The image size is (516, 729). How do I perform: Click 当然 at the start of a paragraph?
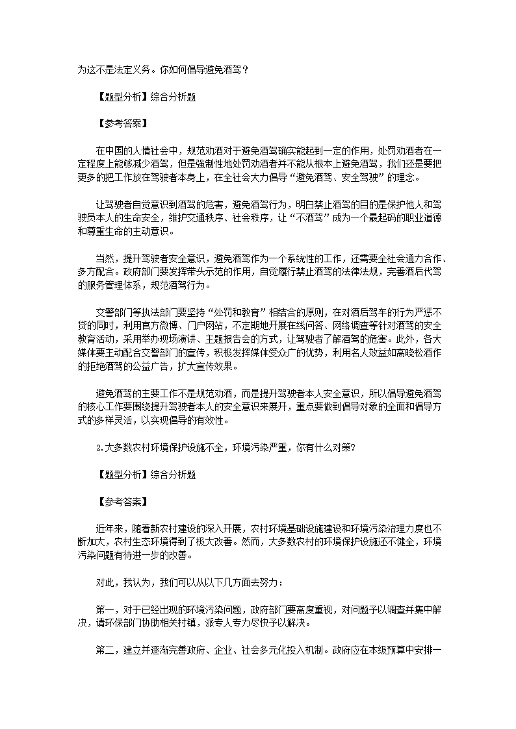[104, 258]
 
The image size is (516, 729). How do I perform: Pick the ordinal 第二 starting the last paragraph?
[104, 650]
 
